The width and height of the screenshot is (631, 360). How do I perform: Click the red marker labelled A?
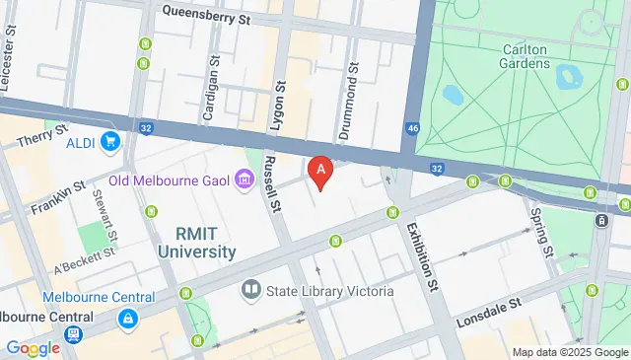click(x=319, y=172)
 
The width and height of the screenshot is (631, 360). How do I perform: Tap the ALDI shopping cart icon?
click(x=109, y=141)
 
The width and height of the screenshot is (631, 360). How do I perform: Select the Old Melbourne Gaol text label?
click(x=169, y=180)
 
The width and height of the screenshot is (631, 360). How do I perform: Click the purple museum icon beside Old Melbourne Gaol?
click(x=243, y=180)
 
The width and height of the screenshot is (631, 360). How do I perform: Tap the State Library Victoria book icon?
click(x=250, y=291)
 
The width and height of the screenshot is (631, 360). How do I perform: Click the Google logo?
click(x=33, y=347)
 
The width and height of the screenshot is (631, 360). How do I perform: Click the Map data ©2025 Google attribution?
click(x=569, y=352)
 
